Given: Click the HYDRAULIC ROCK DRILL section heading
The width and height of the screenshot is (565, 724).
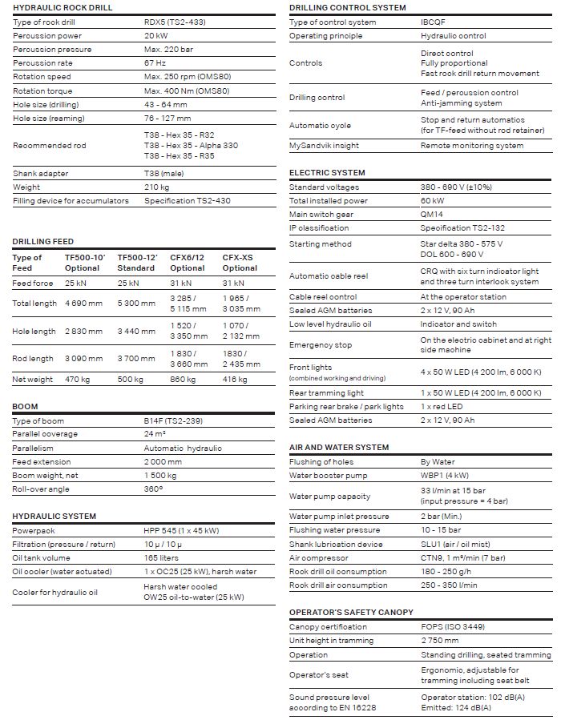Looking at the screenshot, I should point(63,7).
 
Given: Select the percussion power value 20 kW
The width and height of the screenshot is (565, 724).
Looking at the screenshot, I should point(156,36).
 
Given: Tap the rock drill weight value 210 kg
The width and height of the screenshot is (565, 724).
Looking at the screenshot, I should point(158,187).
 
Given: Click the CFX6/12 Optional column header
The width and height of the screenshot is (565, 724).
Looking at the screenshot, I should point(188,263).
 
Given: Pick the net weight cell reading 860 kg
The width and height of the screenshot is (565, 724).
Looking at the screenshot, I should point(184,380).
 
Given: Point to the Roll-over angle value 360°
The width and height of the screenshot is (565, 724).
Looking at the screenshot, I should point(154,489).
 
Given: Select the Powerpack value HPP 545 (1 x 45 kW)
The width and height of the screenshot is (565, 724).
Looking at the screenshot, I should point(181,531).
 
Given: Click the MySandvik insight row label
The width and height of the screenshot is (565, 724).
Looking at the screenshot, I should point(324,146).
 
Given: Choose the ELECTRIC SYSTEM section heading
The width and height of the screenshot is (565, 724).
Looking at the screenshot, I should point(327,172).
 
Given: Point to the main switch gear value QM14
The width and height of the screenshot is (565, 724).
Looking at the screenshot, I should point(432,215).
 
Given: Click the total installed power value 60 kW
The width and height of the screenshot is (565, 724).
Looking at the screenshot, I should point(433,201).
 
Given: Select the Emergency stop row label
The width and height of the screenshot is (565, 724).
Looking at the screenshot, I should point(321,345).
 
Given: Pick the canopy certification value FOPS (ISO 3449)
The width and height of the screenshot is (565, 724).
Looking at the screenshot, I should point(453,626).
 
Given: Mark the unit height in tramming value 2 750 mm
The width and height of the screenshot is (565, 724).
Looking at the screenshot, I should point(440,641).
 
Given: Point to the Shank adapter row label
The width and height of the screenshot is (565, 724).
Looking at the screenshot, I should point(41,174).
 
